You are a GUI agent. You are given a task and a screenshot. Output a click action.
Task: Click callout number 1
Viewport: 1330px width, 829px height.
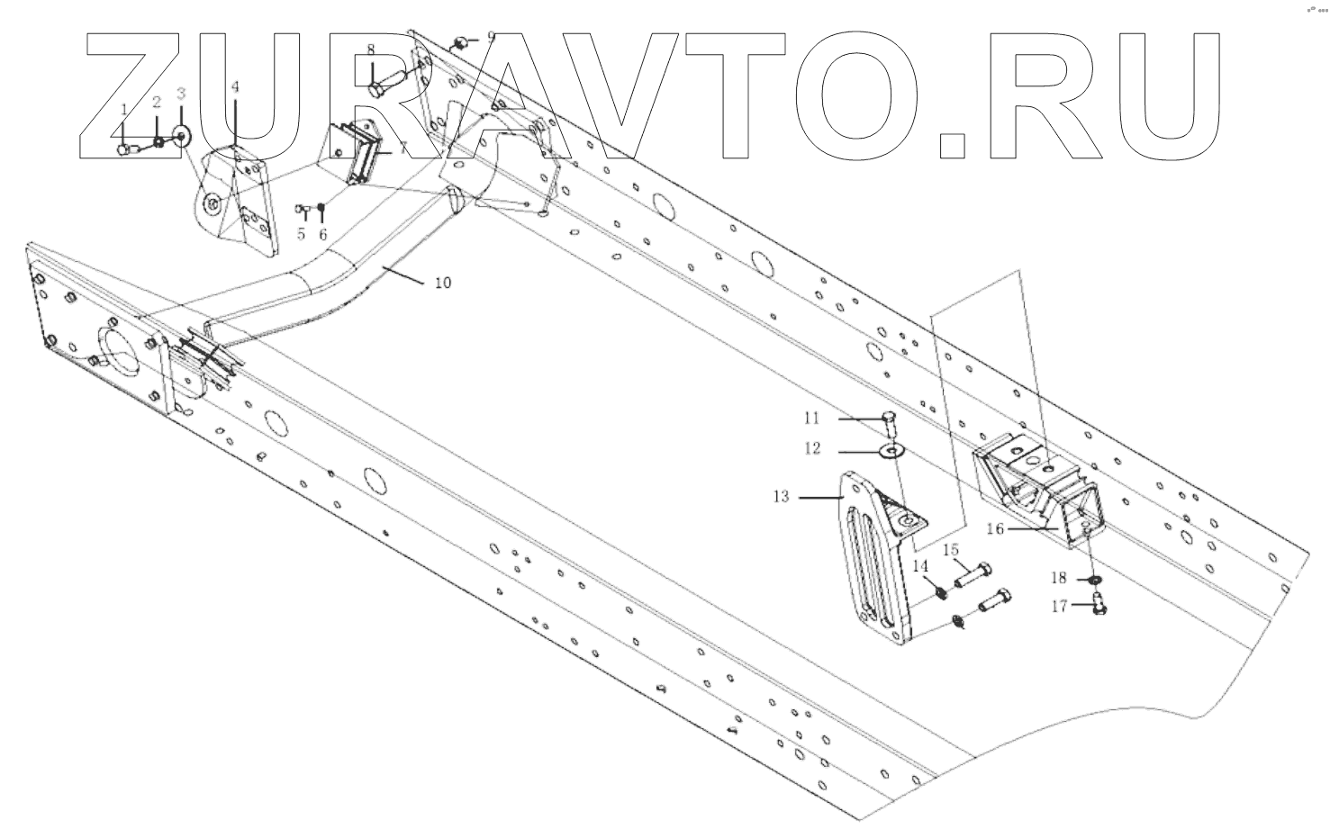tap(123, 108)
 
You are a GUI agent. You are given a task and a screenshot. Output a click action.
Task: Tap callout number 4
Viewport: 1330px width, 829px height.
tap(235, 87)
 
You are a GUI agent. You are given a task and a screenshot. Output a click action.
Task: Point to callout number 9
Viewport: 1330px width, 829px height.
tap(491, 37)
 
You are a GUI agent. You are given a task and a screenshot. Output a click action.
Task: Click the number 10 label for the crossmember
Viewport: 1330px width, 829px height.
tap(442, 283)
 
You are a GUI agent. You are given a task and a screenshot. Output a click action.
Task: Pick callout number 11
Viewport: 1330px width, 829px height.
tap(812, 418)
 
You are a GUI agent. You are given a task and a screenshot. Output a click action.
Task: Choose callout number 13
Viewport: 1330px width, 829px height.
tap(780, 496)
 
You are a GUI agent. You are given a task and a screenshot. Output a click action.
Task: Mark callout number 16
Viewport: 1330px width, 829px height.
tap(994, 529)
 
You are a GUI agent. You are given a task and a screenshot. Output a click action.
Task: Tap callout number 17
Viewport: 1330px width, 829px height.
tap(1059, 607)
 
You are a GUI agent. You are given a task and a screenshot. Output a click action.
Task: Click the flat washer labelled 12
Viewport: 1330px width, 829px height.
tap(892, 450)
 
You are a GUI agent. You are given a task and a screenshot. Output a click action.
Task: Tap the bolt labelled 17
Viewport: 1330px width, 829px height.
tap(1098, 606)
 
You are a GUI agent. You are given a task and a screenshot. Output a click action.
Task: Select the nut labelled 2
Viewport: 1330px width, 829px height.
tap(158, 142)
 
